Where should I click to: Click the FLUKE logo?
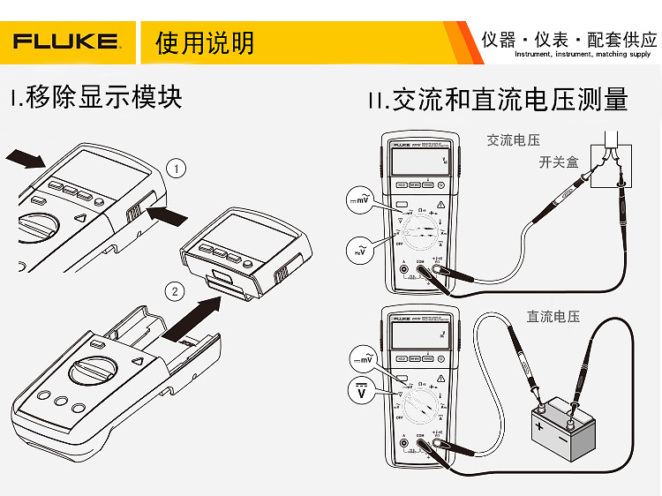coord(66,42)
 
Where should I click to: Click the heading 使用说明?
coord(204,42)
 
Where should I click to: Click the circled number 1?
coord(177,168)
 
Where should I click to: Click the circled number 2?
coord(176,290)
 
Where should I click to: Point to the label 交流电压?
coord(513,139)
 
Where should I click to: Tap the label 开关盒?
coord(558,162)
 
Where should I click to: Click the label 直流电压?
coord(553,316)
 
